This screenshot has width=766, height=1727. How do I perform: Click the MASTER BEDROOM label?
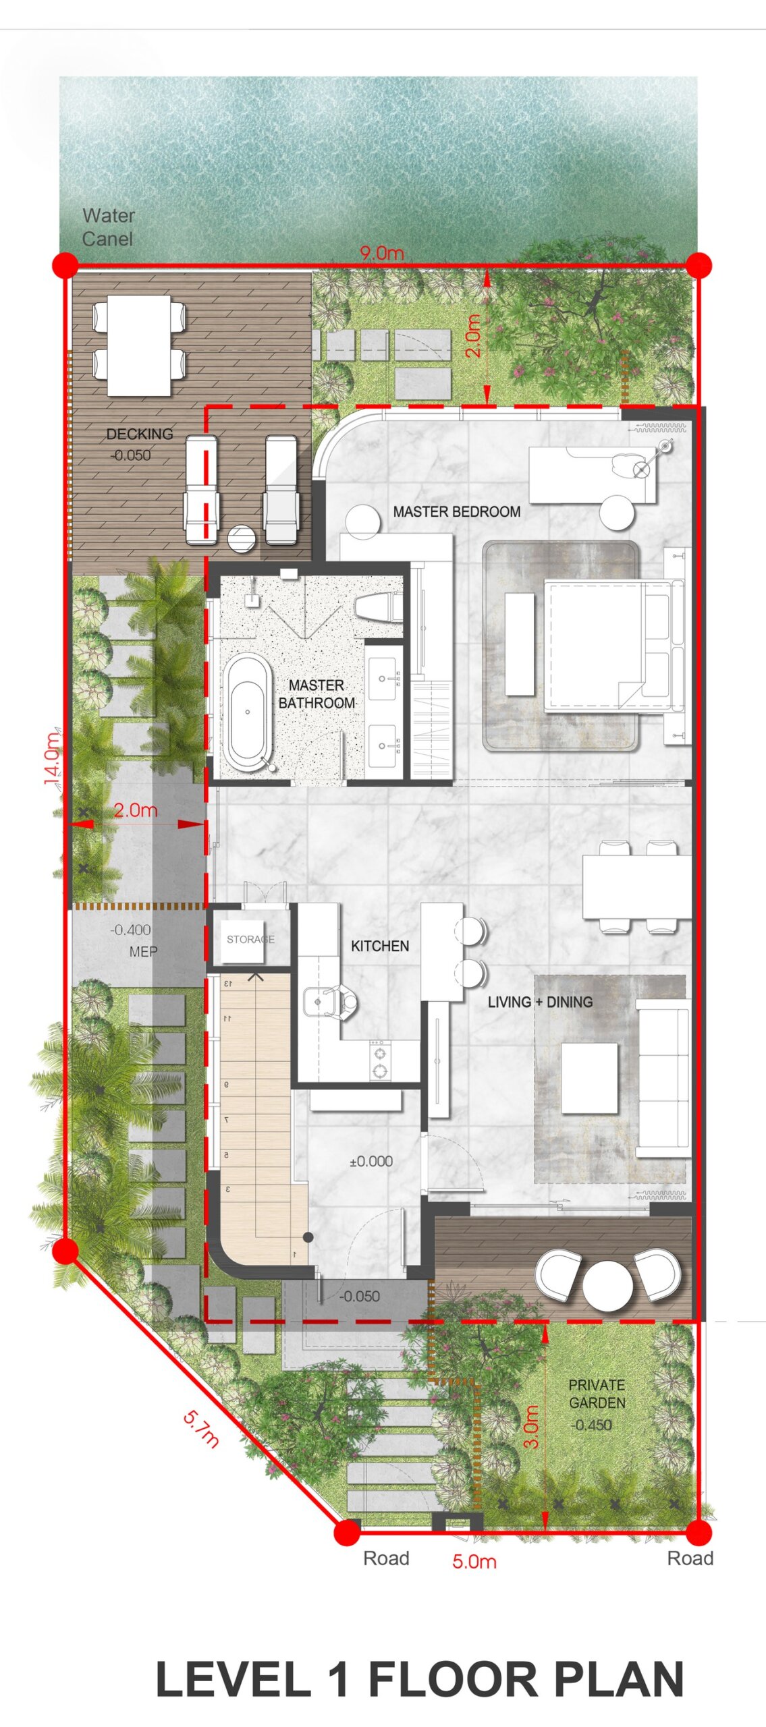tap(456, 511)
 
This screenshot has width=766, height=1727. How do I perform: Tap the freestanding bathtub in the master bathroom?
tap(247, 712)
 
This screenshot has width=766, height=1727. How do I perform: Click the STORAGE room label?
tap(250, 939)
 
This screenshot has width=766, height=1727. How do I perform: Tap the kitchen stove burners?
tap(380, 1060)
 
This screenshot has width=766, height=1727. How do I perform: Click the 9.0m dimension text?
tap(381, 253)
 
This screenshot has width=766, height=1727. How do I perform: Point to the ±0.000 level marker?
tap(371, 1161)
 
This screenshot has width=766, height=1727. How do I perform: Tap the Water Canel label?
tap(108, 227)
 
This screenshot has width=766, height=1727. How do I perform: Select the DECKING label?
tap(140, 434)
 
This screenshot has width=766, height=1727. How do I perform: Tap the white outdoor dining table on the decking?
tap(139, 345)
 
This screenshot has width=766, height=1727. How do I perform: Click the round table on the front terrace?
tap(607, 1286)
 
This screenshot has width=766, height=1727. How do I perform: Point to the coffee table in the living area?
tap(590, 1078)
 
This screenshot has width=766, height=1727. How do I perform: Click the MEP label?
tap(143, 951)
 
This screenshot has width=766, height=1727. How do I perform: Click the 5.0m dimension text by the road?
tap(474, 1562)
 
